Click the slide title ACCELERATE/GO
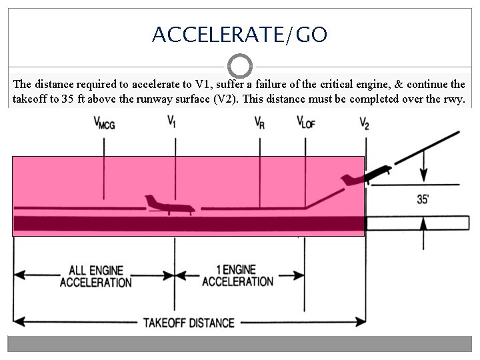click(239, 34)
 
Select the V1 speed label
click(172, 122)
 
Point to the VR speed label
click(259, 123)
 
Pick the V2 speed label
click(364, 123)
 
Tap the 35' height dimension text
click(423, 199)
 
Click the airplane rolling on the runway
click(168, 205)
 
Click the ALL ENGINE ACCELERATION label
click(96, 276)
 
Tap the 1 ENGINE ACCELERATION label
click(237, 275)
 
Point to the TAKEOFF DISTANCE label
click(189, 323)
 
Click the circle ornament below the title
click(239, 67)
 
